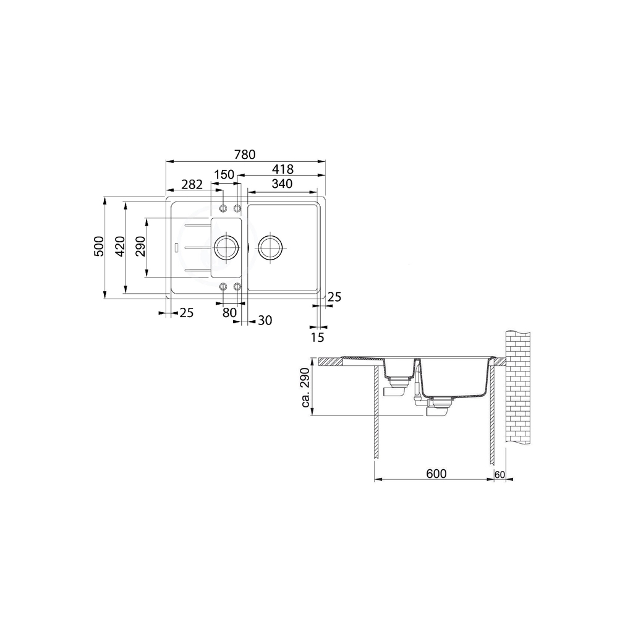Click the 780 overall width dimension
pos(245,154)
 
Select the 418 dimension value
pos(281,169)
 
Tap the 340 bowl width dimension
pos(281,184)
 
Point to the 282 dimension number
pos(192,184)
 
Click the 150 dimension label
pos(224,175)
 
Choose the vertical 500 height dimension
pos(98,249)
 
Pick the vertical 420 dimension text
pos(119,247)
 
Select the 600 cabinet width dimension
pos(436,474)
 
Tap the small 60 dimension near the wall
pos(499,474)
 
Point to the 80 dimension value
pos(229,313)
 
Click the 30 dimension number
pos(264,320)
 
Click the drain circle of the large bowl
pos(271,247)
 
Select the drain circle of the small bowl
pos(225,247)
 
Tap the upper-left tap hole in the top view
pos(223,208)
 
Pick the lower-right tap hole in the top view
pos(236,286)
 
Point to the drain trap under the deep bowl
pos(440,408)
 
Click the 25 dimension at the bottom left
pos(186,313)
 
